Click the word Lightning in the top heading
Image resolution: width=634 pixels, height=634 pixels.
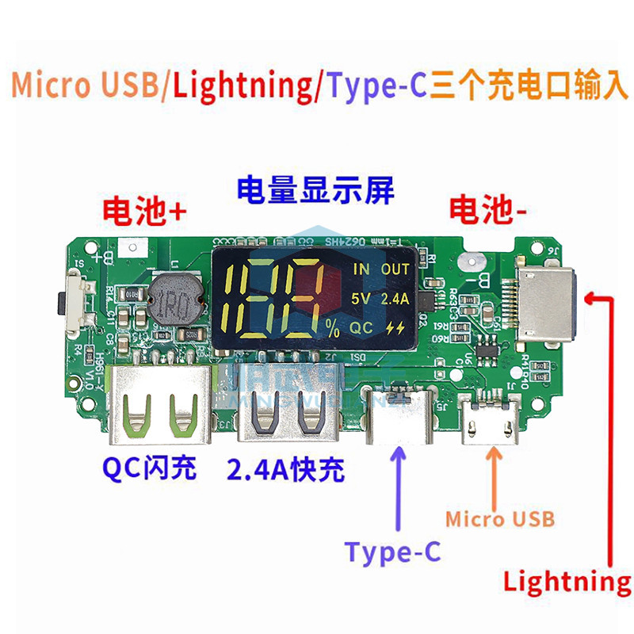click(243, 85)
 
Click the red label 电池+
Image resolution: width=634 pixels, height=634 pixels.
click(145, 210)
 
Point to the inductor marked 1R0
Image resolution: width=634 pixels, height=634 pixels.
click(173, 303)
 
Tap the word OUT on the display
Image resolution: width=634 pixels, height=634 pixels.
click(395, 269)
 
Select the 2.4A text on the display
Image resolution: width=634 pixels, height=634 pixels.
click(395, 299)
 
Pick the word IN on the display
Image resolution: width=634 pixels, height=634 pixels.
click(361, 269)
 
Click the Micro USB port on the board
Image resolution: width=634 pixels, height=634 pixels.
click(495, 424)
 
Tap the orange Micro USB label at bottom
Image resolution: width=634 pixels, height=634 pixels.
click(499, 519)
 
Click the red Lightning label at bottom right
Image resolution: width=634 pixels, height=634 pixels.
click(567, 582)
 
